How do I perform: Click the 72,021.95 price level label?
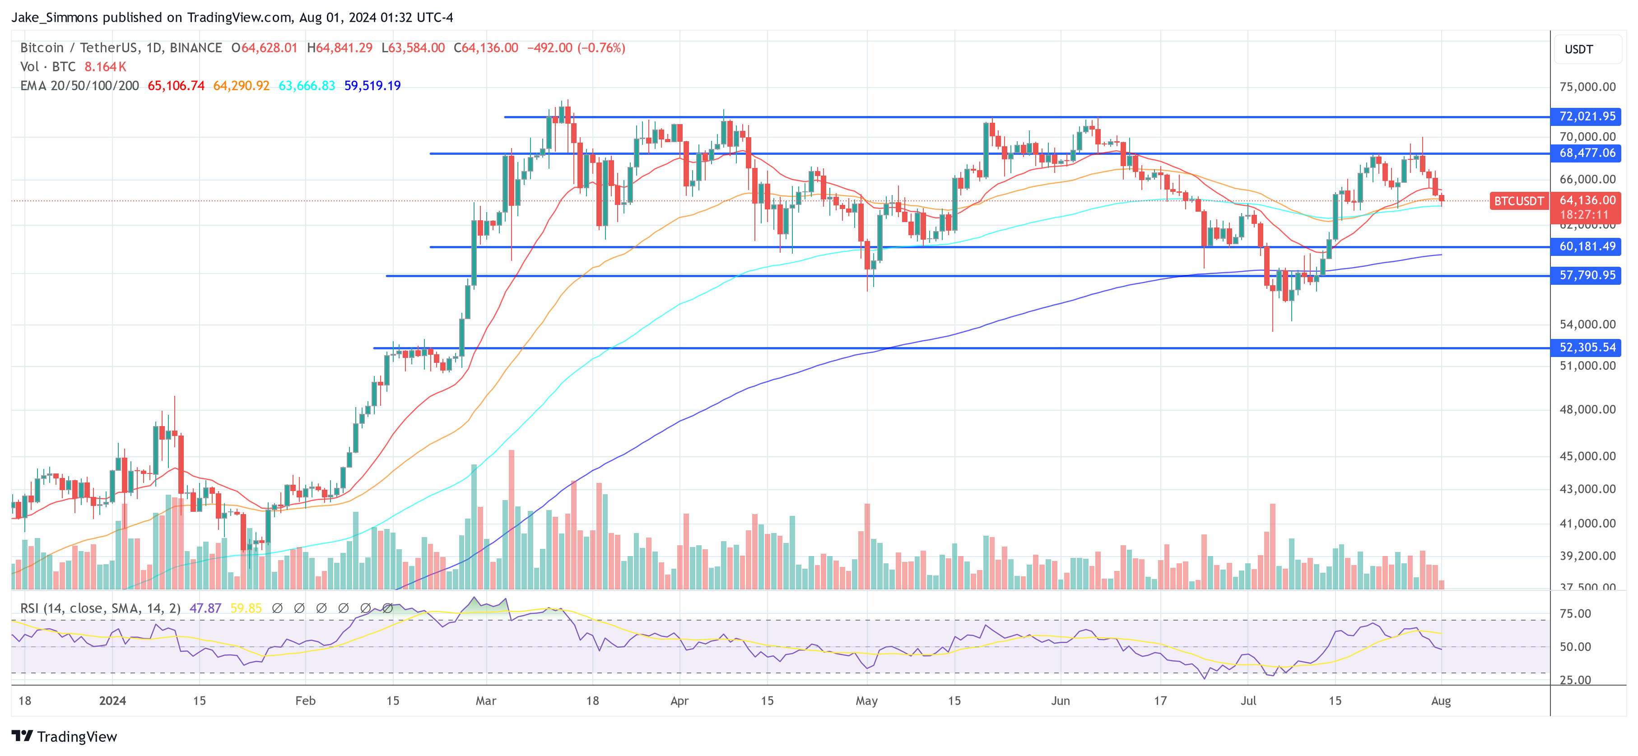[x=1587, y=116]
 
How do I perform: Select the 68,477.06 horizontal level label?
[x=1587, y=153]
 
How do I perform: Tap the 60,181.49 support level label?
[x=1587, y=247]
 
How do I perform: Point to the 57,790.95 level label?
[x=1587, y=275]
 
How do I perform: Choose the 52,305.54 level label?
[x=1587, y=348]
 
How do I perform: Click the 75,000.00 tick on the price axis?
[x=1587, y=87]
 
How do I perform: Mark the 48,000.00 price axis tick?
[x=1587, y=409]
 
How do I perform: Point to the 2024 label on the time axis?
[x=112, y=700]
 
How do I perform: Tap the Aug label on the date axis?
[x=1440, y=700]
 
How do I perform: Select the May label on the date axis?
[x=866, y=700]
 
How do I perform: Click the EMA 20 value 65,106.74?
[x=176, y=86]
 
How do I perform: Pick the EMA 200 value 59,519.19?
[x=372, y=86]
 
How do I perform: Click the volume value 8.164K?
[x=106, y=67]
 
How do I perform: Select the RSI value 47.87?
[x=205, y=608]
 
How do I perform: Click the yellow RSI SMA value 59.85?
[x=246, y=608]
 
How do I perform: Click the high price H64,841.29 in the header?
[x=340, y=48]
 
